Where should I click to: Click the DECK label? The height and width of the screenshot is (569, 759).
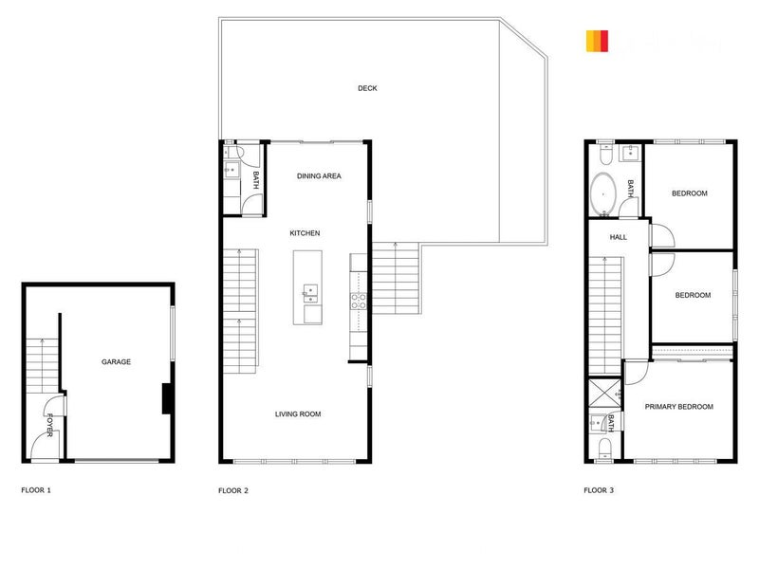pyautogui.click(x=367, y=89)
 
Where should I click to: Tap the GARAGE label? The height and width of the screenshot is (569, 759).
pyautogui.click(x=116, y=362)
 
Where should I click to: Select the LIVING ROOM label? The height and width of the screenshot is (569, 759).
pyautogui.click(x=298, y=413)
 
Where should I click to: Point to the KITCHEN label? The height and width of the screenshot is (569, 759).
pyautogui.click(x=305, y=233)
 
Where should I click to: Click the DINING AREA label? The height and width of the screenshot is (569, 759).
pyautogui.click(x=319, y=176)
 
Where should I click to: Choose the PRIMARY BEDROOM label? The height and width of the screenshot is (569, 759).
pyautogui.click(x=678, y=407)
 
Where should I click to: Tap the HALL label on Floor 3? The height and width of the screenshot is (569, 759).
pyautogui.click(x=619, y=237)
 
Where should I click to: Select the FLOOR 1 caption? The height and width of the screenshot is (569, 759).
pyautogui.click(x=36, y=490)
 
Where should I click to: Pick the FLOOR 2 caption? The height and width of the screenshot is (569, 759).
pyautogui.click(x=233, y=490)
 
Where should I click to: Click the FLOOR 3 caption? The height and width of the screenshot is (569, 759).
pyautogui.click(x=599, y=490)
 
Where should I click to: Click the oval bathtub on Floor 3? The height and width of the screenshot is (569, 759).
pyautogui.click(x=602, y=194)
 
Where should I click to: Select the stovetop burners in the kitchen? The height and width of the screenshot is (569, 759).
pyautogui.click(x=359, y=301)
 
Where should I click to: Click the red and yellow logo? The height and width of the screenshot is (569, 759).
pyautogui.click(x=597, y=42)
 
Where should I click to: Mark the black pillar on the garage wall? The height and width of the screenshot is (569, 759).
pyautogui.click(x=167, y=398)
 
